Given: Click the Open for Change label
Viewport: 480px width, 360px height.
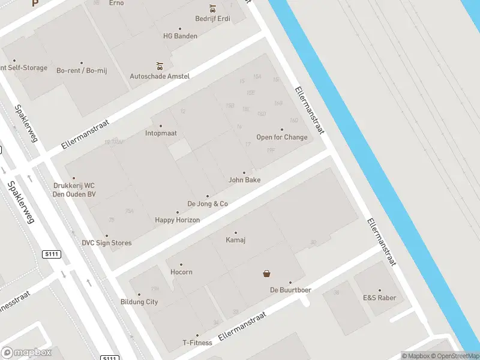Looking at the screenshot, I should point(282,137).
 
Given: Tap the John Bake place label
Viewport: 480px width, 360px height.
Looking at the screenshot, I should point(244,179).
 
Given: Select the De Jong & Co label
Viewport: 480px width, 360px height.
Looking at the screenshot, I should point(208,203).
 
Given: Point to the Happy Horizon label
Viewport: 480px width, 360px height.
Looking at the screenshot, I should point(178,220).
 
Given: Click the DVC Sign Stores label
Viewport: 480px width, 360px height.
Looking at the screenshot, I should point(107,243).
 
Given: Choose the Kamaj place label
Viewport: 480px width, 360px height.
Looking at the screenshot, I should point(236,240).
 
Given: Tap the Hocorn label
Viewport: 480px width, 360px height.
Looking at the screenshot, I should point(181,272).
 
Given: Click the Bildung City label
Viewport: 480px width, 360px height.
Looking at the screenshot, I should point(139,302).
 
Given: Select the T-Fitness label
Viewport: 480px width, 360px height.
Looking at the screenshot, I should point(197,343).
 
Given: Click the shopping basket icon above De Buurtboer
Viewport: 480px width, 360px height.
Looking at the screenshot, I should point(266,274).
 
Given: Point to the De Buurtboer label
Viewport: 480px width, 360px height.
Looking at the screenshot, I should point(290,290).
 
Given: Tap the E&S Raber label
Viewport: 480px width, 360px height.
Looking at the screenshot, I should point(379,298).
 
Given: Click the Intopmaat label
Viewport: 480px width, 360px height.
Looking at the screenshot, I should point(161,133).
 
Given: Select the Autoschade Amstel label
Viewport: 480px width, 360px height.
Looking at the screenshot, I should point(160,76).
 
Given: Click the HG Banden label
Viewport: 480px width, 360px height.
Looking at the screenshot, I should point(181,36).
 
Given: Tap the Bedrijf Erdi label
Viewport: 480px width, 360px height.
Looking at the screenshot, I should point(212,19).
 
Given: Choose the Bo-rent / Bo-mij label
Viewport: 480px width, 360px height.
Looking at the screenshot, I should point(82,70).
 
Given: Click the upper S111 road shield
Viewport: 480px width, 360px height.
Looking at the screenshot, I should point(52,254).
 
